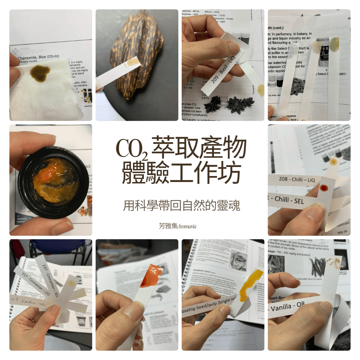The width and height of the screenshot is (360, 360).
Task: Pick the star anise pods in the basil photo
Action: (230, 103)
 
